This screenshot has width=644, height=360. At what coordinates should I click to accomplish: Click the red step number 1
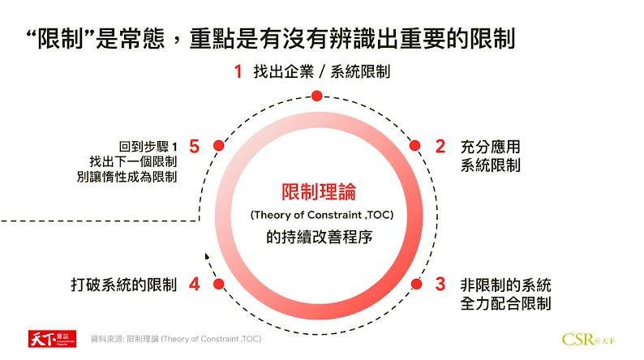(238, 71)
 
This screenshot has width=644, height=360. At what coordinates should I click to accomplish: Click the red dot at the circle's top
(317, 96)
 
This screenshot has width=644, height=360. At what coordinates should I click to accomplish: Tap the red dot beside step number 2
(415, 146)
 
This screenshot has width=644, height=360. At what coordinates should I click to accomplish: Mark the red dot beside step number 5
(218, 146)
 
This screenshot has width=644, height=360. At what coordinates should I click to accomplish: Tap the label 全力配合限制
(504, 304)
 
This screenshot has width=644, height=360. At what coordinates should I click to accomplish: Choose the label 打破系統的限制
(124, 285)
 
